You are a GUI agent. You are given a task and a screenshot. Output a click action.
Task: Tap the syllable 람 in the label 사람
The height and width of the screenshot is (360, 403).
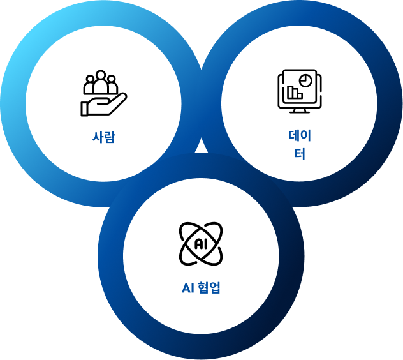point(110,137)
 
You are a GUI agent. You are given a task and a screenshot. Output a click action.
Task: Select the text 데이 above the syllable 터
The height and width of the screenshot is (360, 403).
point(300,135)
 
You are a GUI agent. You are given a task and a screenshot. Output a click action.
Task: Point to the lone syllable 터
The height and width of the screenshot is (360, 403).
point(300,154)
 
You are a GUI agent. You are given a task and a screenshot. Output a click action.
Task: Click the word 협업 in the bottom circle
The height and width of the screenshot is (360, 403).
point(209,288)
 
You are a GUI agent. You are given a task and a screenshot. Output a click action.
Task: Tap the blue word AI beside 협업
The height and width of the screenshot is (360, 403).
point(188,289)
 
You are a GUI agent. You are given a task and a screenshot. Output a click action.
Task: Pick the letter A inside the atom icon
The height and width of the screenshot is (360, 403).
point(198,244)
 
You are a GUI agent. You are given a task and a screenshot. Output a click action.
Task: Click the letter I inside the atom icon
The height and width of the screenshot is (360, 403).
point(205,244)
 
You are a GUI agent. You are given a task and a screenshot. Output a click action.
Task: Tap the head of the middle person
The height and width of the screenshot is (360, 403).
point(101,75)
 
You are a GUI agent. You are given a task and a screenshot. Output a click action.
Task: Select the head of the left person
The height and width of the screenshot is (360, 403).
point(90,79)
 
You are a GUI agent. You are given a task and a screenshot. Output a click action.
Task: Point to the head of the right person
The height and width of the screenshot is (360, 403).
point(112,79)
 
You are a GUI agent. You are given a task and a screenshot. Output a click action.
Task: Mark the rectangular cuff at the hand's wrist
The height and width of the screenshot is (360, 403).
point(84,109)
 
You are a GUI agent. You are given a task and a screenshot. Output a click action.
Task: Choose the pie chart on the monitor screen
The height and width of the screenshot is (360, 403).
point(305,80)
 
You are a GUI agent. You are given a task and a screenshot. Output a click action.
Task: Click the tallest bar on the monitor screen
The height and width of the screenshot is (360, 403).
point(291,92)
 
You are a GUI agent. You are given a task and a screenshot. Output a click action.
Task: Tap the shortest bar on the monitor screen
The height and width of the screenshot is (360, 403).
point(300,96)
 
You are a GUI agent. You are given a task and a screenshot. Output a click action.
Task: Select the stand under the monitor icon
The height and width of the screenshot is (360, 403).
point(300,110)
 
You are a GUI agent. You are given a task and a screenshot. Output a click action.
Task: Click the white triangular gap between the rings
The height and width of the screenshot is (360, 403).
point(201,147)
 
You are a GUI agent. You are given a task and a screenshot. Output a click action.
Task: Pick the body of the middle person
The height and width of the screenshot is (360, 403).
point(101,86)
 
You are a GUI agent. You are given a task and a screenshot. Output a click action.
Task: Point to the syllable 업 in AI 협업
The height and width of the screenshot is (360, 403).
point(215,288)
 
